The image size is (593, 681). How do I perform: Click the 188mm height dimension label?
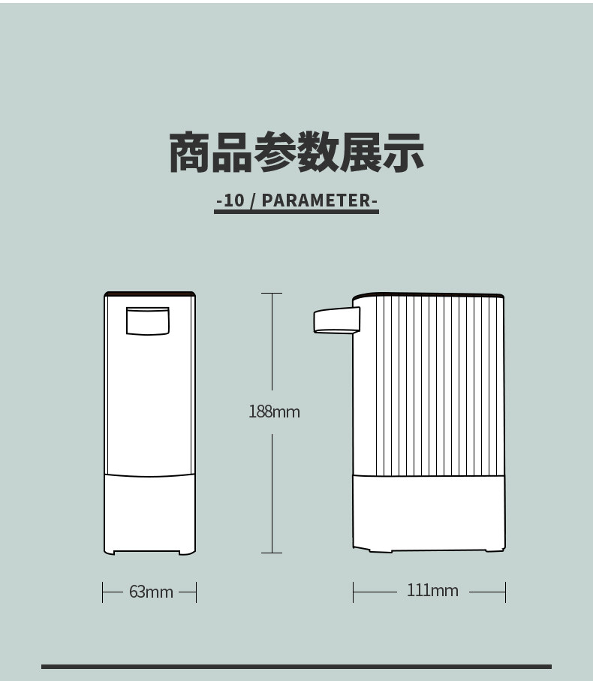[274, 411]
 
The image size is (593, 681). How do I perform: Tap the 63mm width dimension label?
[151, 592]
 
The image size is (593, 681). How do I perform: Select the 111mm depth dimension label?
[432, 590]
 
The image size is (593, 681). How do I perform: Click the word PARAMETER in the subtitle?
[317, 200]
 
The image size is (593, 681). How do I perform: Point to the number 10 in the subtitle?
[234, 200]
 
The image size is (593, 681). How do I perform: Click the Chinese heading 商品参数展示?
[296, 152]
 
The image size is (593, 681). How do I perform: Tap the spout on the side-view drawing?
[337, 320]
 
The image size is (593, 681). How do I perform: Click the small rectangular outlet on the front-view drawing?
[148, 321]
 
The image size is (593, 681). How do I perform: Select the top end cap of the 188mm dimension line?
[272, 293]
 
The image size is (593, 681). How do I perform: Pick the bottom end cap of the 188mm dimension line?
[272, 553]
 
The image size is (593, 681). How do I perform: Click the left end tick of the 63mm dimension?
[102, 592]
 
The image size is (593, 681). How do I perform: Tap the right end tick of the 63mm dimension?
[196, 592]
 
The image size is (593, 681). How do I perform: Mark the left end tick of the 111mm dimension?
[354, 592]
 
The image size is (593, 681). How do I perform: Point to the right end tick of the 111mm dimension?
[505, 592]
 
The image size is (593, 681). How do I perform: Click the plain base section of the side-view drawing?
[429, 514]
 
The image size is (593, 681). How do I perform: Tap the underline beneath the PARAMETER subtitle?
[296, 212]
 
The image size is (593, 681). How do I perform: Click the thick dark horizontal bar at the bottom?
[296, 667]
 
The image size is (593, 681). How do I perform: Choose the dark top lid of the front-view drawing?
[150, 294]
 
